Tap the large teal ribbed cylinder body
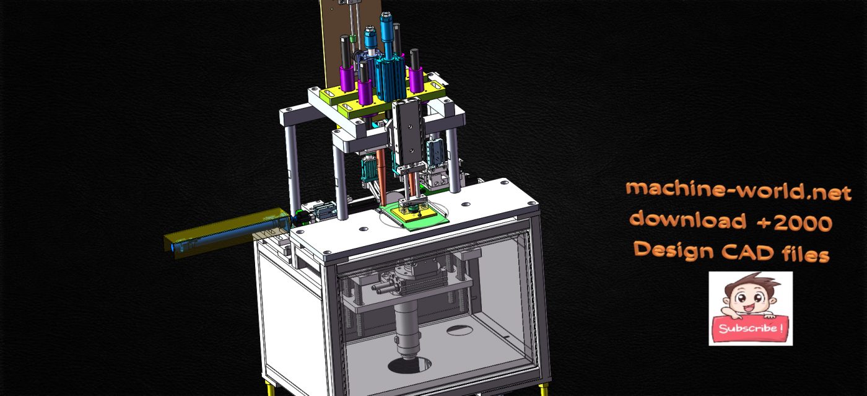tap(390, 74)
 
